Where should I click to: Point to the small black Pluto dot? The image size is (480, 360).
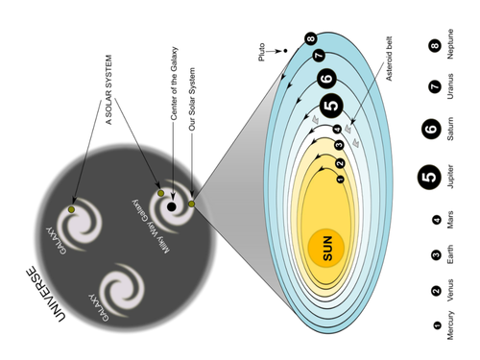tap(285, 51)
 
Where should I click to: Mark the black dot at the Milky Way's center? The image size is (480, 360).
tap(171, 206)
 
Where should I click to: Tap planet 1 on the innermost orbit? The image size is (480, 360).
tap(339, 179)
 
